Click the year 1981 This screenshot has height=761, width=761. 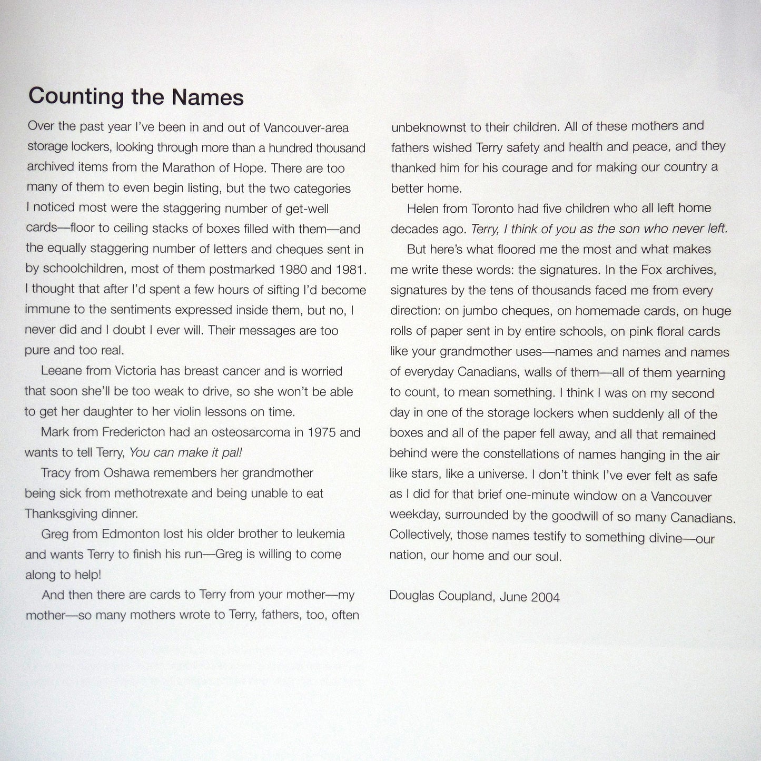(x=350, y=270)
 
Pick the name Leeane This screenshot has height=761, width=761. (x=62, y=371)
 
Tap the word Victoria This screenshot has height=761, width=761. (x=135, y=371)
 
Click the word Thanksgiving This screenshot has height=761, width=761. (x=61, y=514)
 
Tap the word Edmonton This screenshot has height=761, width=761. (x=131, y=534)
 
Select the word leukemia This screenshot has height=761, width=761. (x=321, y=534)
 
